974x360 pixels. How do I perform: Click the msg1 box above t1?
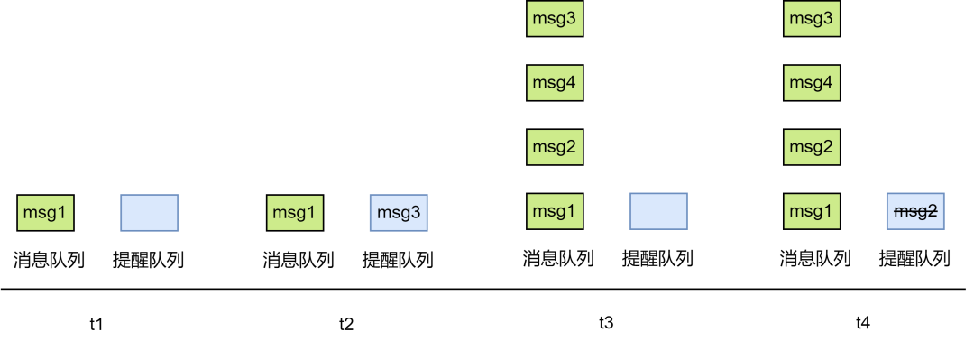coord(45,213)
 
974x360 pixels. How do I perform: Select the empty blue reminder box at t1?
coord(150,213)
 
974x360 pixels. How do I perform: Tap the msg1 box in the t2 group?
coord(295,213)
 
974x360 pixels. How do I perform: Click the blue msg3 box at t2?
coord(399,213)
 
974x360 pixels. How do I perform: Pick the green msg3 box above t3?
coord(555,19)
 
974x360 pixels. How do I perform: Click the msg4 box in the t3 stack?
coord(555,83)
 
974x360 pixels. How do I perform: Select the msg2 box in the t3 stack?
coord(555,147)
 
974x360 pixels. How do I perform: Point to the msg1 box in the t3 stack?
coord(555,211)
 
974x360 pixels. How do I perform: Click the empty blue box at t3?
coord(658,211)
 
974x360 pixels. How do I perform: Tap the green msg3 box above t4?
coord(811,19)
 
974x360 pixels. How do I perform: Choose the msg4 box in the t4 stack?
coord(811,83)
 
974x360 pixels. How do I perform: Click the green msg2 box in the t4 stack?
coord(811,147)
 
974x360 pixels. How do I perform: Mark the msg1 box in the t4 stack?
coord(811,211)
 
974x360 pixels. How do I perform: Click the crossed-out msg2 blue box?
coord(915,211)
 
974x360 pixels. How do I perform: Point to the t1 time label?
coord(96,324)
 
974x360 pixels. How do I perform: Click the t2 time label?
coord(346,324)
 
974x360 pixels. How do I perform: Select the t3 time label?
coord(606,322)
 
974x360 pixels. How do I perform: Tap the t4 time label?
coord(863,322)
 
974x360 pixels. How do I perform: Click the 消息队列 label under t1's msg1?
coord(49,261)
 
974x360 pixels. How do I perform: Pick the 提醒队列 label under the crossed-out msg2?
coord(914,260)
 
